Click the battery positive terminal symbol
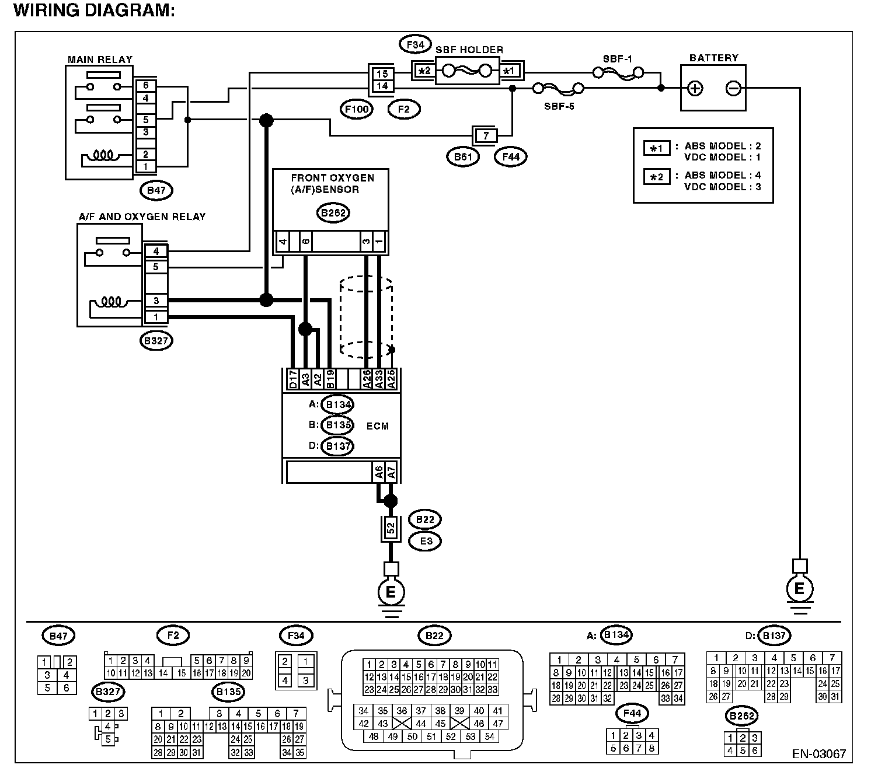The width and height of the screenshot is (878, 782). (x=695, y=88)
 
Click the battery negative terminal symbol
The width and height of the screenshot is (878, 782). (x=733, y=88)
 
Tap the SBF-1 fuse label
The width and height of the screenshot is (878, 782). (x=617, y=58)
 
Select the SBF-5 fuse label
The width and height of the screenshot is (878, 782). (x=559, y=106)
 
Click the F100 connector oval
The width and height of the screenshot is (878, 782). (x=356, y=109)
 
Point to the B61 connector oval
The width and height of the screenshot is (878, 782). (x=463, y=156)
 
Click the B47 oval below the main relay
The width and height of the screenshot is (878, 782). (x=156, y=190)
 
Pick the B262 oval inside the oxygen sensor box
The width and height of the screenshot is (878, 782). (x=333, y=213)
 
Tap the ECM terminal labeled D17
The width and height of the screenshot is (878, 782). (x=292, y=379)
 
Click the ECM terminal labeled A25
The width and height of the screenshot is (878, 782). (x=391, y=379)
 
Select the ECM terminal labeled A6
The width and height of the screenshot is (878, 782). (x=379, y=472)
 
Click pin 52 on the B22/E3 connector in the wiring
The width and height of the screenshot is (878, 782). (x=391, y=528)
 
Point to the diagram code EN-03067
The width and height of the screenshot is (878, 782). (x=818, y=754)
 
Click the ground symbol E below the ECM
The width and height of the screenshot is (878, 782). (x=391, y=592)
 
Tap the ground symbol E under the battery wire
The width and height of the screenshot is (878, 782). (x=800, y=589)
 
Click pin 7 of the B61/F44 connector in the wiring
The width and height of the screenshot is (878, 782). (x=485, y=136)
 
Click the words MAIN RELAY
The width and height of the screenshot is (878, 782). (x=100, y=60)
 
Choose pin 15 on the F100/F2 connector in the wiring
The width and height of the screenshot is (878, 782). (x=382, y=74)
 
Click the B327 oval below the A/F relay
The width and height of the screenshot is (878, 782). (x=156, y=341)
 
